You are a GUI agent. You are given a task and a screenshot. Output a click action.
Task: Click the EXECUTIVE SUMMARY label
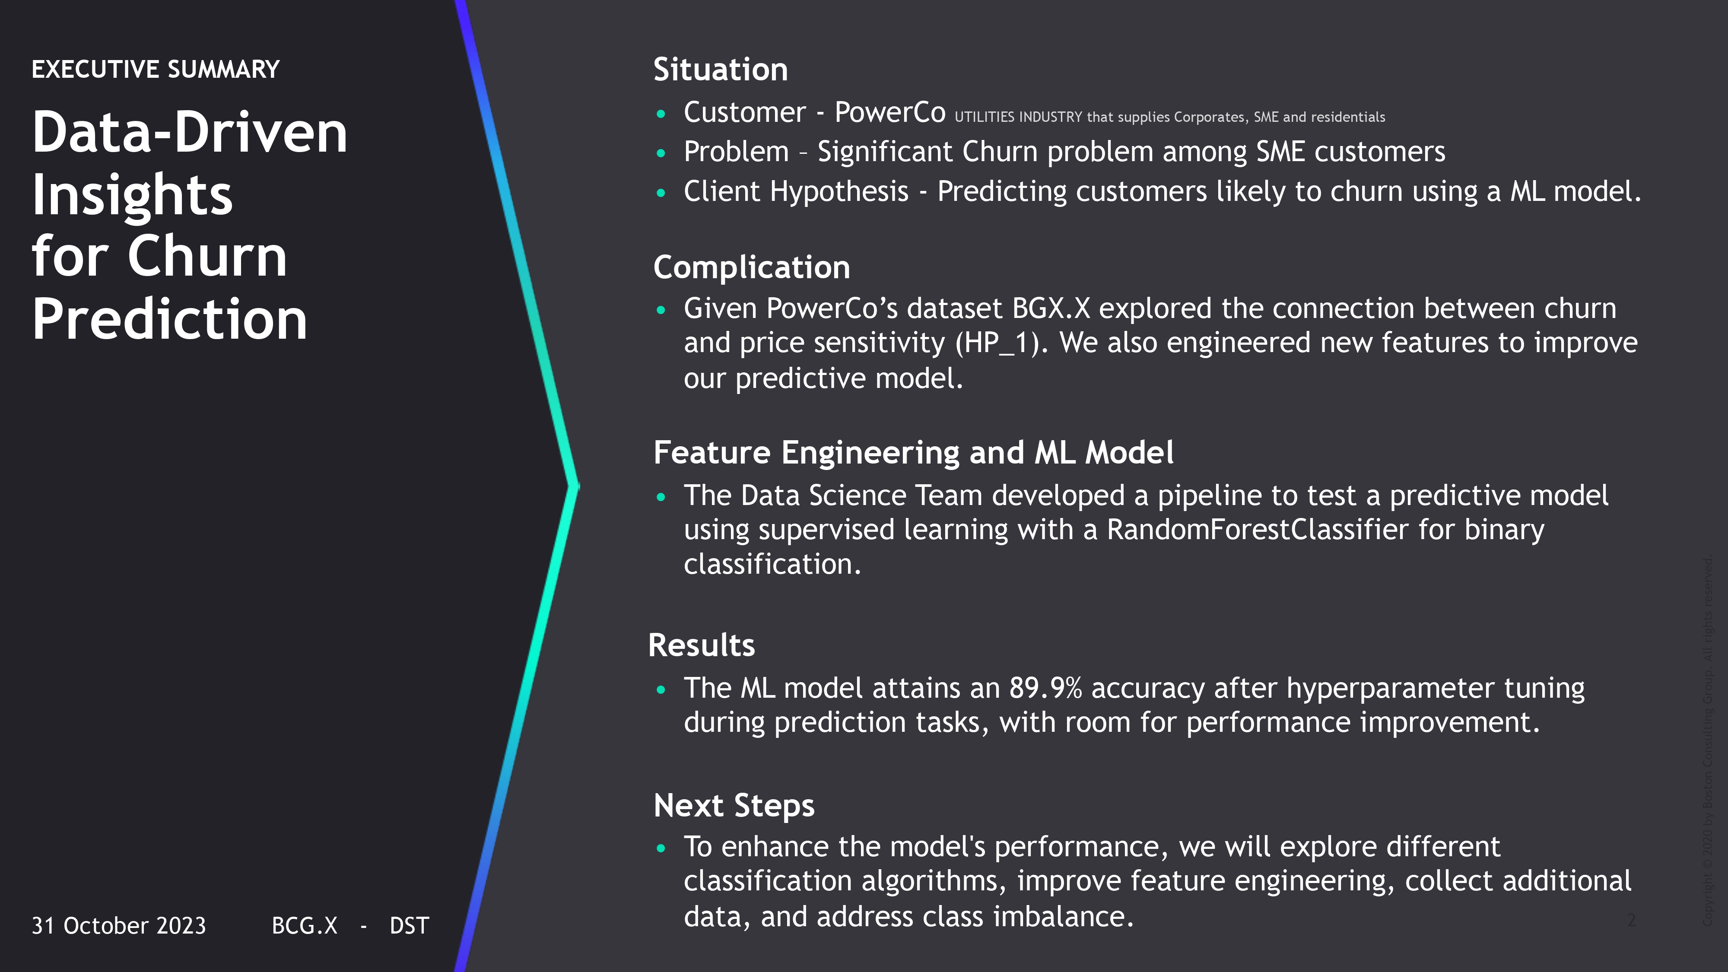click(155, 69)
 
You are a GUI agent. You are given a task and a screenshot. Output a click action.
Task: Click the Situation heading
click(721, 70)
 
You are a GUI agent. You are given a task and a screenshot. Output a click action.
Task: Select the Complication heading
click(751, 268)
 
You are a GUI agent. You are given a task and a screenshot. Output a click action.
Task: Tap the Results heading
click(701, 645)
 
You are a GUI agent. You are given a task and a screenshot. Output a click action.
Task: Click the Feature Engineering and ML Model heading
click(913, 453)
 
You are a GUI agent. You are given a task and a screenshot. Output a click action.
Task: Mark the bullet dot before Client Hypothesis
click(661, 193)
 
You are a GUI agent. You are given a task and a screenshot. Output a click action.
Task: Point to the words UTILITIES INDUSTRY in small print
click(1018, 118)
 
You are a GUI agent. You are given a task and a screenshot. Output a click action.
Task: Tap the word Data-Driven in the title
click(190, 132)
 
